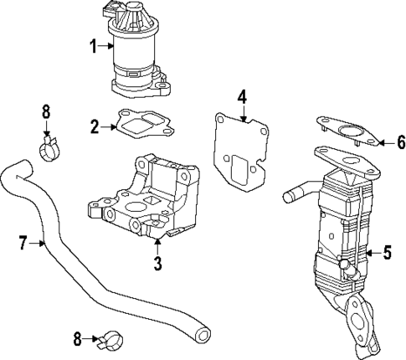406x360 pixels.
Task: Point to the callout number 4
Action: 241,97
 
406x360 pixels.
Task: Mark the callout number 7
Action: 23,244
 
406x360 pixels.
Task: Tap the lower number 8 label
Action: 77,339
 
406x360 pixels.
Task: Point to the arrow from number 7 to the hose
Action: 38,244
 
